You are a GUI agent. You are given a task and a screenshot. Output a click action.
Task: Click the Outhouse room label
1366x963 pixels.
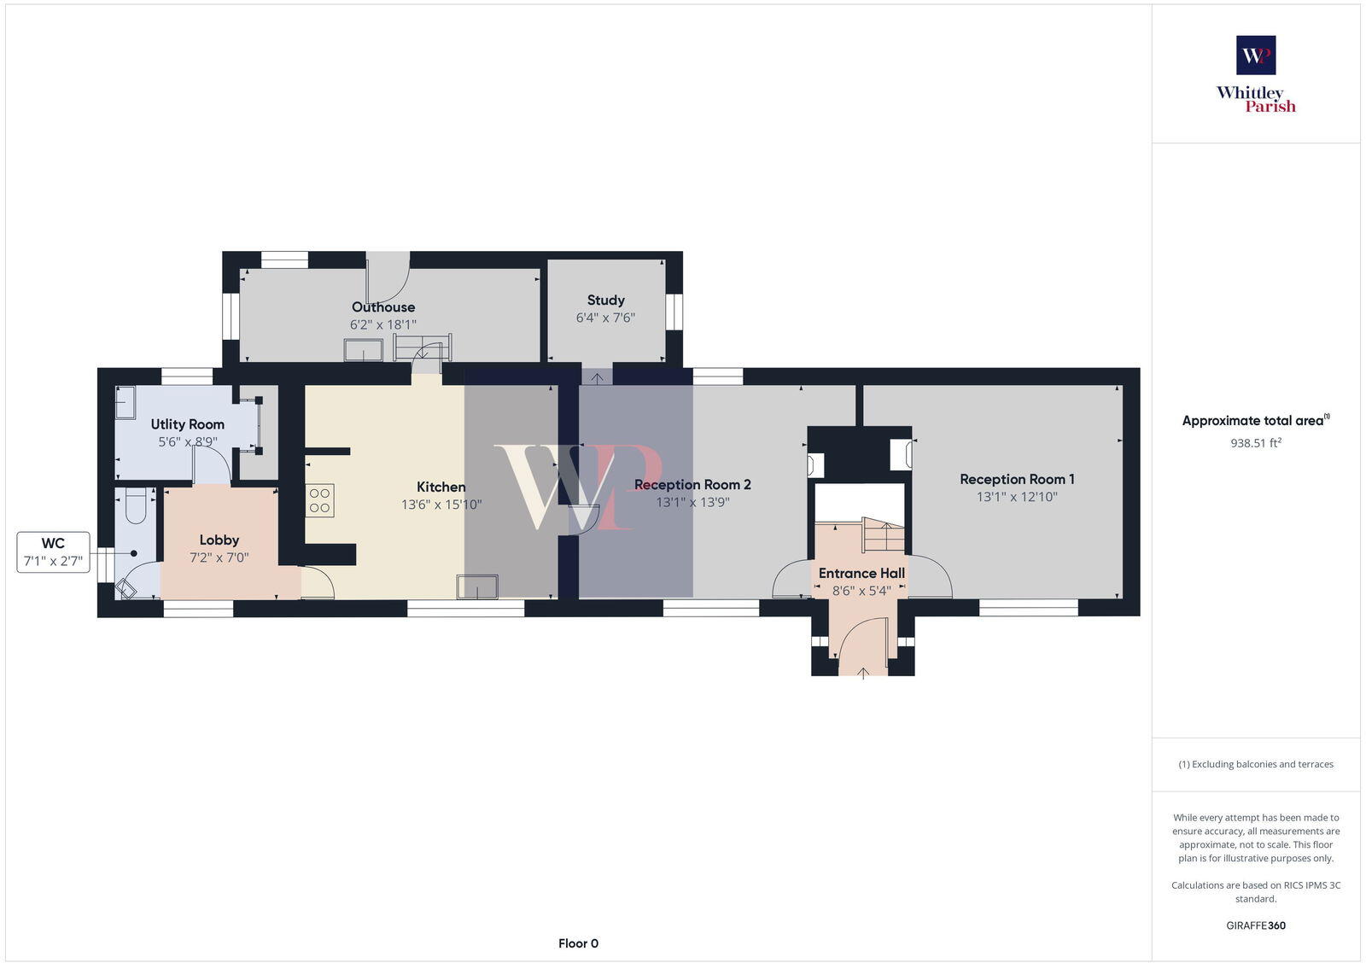(383, 307)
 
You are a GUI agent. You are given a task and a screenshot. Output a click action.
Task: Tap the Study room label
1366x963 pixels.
(605, 301)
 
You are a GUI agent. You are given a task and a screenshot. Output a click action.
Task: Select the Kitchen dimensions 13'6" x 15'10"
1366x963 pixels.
(441, 505)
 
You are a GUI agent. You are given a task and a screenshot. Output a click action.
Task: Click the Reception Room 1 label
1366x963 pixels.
(1017, 480)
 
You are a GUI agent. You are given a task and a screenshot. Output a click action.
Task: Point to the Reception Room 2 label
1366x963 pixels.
(692, 485)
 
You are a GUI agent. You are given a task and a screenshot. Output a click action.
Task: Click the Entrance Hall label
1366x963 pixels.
(861, 574)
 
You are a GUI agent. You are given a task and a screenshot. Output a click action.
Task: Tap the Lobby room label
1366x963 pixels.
(219, 540)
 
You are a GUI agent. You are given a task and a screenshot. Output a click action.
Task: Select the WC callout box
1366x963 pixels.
(53, 552)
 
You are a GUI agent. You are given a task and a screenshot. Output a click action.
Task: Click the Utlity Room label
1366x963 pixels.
(188, 424)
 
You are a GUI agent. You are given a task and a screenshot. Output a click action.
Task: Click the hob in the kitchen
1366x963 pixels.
(320, 500)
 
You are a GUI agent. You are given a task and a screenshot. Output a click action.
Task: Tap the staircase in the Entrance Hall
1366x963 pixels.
(882, 534)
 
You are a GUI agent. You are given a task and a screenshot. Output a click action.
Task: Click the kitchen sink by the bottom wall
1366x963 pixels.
(476, 587)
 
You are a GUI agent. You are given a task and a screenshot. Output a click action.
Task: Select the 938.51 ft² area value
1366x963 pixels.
(1256, 443)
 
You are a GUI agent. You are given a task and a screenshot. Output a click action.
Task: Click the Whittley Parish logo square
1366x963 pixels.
(1256, 55)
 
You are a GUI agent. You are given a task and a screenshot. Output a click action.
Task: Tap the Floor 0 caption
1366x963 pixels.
(578, 943)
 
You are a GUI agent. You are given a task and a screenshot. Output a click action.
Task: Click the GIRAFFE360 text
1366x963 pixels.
(1256, 925)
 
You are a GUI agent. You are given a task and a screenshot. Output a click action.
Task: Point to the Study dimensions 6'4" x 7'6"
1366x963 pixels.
(605, 318)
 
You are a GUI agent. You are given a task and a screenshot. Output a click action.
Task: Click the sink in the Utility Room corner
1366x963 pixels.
(126, 402)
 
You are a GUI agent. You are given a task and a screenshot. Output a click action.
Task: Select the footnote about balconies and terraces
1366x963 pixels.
(1256, 764)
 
